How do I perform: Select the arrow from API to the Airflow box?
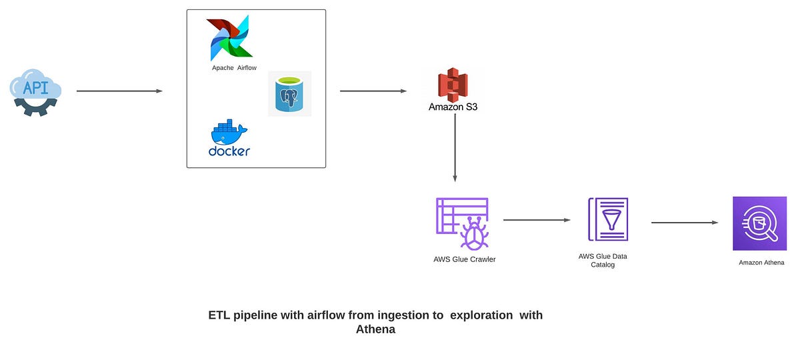(x=119, y=91)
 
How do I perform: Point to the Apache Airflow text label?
(x=234, y=68)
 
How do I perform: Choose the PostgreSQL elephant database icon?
(x=289, y=94)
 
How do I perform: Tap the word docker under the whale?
(x=229, y=151)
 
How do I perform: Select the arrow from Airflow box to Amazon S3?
(x=373, y=91)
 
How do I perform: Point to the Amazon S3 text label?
(x=453, y=107)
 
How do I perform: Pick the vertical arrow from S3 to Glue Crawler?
(x=455, y=147)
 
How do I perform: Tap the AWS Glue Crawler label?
(x=464, y=259)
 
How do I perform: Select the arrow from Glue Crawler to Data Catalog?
(x=537, y=220)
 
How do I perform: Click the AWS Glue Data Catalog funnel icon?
(x=607, y=219)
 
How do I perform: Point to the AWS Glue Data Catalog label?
(x=603, y=260)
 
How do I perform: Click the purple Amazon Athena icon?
(x=759, y=223)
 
